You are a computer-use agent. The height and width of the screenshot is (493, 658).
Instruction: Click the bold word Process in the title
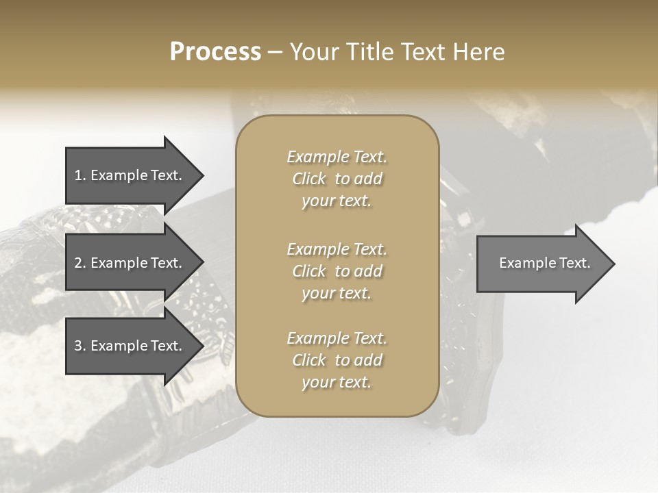(x=215, y=52)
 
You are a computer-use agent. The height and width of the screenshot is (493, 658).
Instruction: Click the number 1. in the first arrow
(x=80, y=175)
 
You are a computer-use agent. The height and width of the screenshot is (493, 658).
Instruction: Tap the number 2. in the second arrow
(x=80, y=263)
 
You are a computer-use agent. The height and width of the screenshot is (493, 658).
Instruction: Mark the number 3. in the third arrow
(x=80, y=346)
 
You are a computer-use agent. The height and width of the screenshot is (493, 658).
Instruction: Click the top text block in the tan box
(x=337, y=179)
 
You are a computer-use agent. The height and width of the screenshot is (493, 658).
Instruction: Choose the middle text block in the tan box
(x=337, y=270)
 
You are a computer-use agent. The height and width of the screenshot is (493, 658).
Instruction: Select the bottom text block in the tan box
(x=337, y=360)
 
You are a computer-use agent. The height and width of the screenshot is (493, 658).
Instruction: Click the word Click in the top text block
(x=308, y=179)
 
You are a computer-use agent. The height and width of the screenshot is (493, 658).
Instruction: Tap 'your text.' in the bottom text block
(x=337, y=383)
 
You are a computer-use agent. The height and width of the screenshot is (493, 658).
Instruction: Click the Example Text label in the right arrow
(x=544, y=263)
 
